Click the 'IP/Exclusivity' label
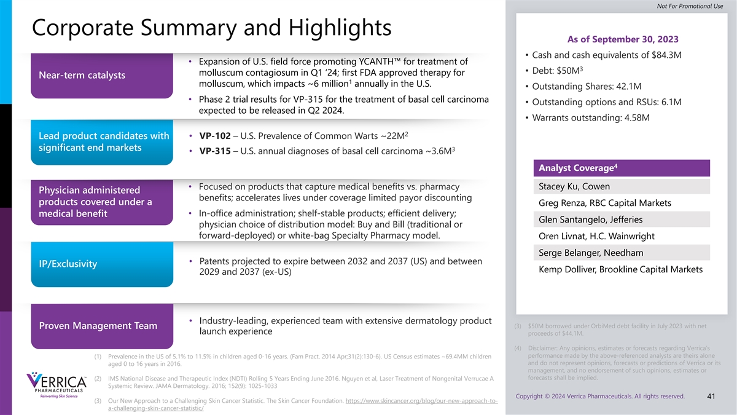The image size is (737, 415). [68, 264]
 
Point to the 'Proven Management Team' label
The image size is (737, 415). [98, 325]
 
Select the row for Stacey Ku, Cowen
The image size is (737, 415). [622, 186]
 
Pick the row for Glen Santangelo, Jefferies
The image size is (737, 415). [622, 219]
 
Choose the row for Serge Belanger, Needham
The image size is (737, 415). [622, 253]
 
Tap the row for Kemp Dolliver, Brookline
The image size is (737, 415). [622, 269]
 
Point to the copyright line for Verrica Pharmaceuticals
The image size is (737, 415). [601, 396]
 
